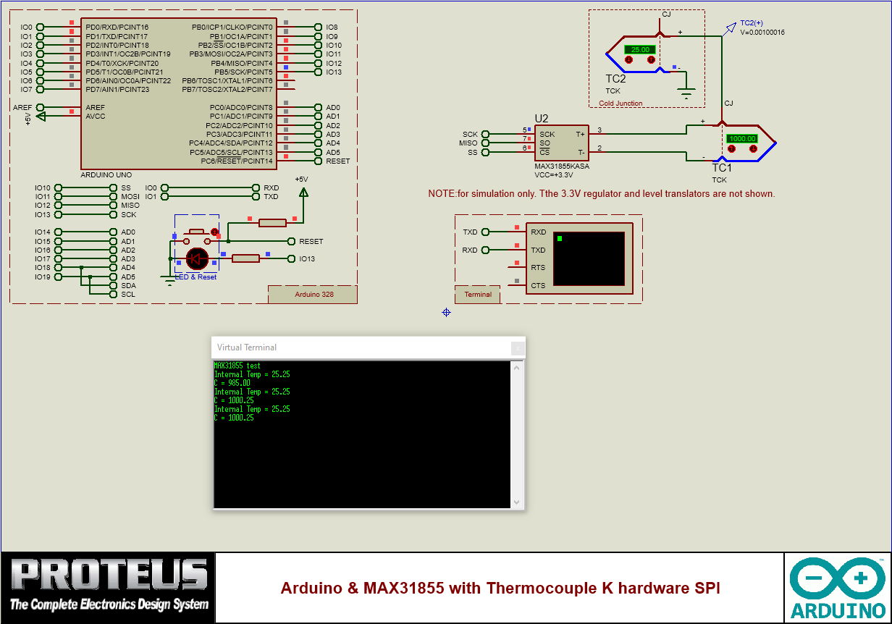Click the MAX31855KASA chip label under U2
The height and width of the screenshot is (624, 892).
click(561, 166)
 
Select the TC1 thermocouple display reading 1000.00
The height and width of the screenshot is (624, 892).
click(742, 138)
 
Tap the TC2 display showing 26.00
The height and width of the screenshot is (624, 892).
click(640, 50)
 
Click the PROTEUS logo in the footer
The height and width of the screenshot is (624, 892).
click(109, 587)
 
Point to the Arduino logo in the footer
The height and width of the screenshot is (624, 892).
click(838, 587)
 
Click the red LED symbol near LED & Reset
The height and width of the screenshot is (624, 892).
click(197, 258)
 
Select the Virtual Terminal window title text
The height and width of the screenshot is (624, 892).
click(246, 347)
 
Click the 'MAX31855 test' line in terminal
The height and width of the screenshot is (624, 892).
click(237, 366)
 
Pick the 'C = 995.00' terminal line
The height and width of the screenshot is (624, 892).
click(232, 383)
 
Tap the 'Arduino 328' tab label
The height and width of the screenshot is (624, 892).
click(314, 295)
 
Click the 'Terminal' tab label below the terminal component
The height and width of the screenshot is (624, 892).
click(478, 295)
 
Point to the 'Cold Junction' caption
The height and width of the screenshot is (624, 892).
click(620, 104)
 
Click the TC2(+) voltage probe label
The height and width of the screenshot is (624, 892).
click(751, 23)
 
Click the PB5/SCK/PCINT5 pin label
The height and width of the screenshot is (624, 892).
click(243, 72)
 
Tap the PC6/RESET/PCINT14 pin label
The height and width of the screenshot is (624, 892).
click(237, 161)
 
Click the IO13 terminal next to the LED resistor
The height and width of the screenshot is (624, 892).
click(306, 258)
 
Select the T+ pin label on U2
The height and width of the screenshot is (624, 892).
click(580, 134)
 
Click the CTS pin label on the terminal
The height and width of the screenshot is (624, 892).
click(538, 285)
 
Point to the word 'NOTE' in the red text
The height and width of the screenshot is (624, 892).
click(440, 194)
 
